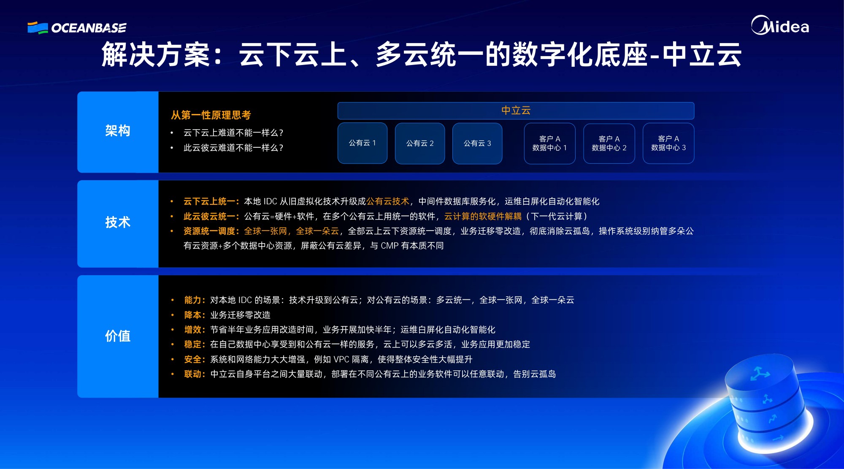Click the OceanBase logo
77,28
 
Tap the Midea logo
780,25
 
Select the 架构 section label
118,131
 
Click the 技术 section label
118,222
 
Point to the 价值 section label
118,336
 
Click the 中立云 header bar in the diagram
516,111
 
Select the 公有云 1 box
362,143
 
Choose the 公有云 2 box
420,143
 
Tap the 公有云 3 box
477,143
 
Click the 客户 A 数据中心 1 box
549,143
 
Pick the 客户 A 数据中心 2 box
609,143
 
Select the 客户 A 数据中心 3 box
668,143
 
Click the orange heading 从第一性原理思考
211,115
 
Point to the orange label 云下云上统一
209,201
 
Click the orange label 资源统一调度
209,231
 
